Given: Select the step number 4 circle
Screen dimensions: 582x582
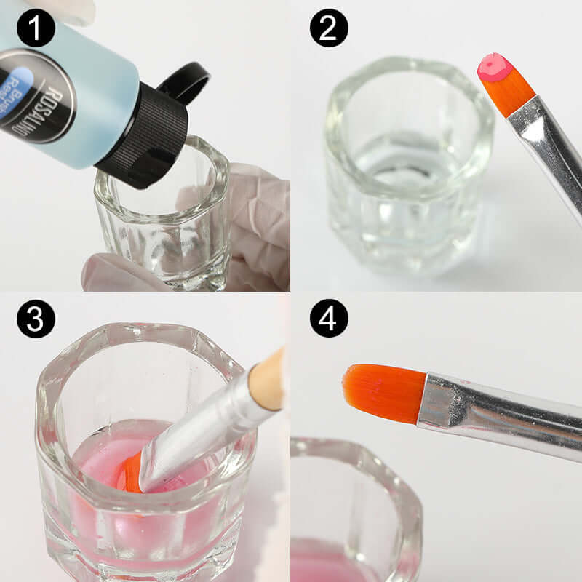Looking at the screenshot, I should pos(329,319).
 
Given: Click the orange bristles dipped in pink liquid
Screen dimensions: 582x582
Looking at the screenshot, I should pos(131,473).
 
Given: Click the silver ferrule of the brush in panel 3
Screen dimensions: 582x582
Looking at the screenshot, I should pos(204,429).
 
